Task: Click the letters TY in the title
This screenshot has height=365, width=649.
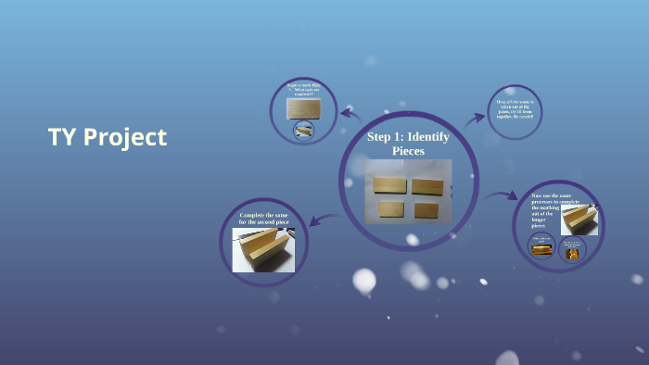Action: pyautogui.click(x=62, y=137)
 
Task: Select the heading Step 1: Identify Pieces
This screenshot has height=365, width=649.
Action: pyautogui.click(x=408, y=143)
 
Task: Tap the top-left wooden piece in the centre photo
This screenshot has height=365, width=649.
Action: pyautogui.click(x=390, y=184)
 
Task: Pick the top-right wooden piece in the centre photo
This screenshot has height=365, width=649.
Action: pyautogui.click(x=427, y=185)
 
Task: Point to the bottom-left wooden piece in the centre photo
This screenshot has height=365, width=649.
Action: pyautogui.click(x=391, y=208)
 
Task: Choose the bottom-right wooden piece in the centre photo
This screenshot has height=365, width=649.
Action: pyautogui.click(x=426, y=209)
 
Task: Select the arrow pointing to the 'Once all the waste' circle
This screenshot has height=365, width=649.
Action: pyautogui.click(x=474, y=118)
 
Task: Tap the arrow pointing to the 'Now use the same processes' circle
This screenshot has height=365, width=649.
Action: pyautogui.click(x=502, y=196)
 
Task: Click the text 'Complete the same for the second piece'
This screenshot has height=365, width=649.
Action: pyautogui.click(x=263, y=219)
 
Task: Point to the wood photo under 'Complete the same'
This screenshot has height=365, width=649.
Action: pyautogui.click(x=263, y=250)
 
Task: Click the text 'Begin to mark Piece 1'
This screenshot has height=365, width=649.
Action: pyautogui.click(x=303, y=90)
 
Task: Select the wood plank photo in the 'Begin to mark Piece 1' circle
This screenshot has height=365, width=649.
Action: pyautogui.click(x=303, y=108)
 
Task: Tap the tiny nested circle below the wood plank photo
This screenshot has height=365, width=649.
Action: pyautogui.click(x=303, y=131)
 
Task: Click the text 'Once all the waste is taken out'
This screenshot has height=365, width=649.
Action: pyautogui.click(x=515, y=109)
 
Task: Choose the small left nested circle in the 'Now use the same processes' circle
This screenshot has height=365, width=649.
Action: pyautogui.click(x=541, y=246)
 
